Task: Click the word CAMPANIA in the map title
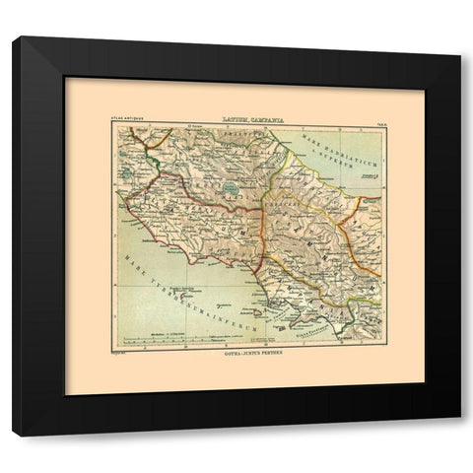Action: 264,118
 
